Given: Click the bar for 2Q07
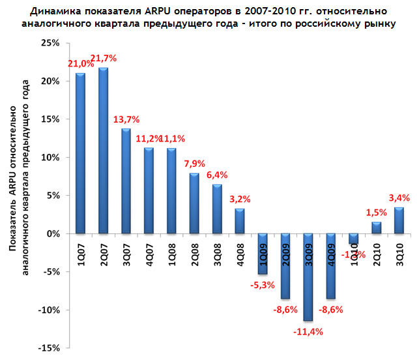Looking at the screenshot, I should (103, 150).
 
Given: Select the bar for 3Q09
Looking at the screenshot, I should (308, 277).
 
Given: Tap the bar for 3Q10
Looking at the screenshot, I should (399, 220).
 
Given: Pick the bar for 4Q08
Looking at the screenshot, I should (240, 221).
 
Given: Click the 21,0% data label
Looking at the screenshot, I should (79, 63).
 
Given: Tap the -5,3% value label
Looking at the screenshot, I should (263, 284).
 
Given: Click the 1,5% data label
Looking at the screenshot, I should (376, 211).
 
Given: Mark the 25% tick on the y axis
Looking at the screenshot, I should (50, 43).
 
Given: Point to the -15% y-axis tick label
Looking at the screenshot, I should (48, 348).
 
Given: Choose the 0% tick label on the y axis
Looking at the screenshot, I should (53, 233).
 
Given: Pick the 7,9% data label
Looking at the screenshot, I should (194, 162).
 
